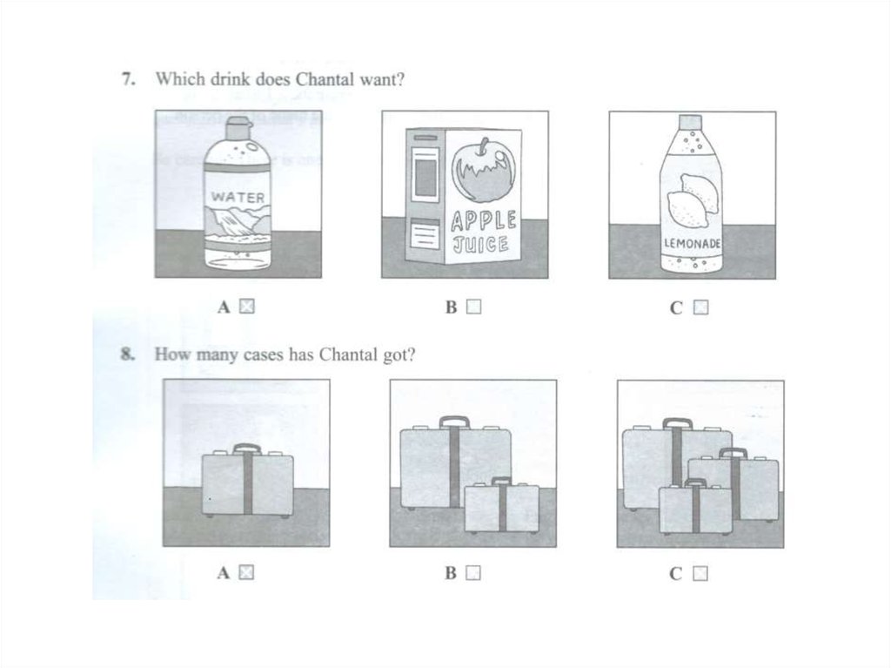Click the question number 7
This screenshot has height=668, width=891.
129,78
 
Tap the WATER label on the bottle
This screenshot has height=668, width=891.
238,198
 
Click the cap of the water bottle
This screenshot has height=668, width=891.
238,127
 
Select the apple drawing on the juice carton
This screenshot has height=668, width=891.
485,170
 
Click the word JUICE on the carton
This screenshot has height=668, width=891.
480,245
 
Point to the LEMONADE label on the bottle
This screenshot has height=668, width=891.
692,244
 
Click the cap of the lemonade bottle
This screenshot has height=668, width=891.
692,121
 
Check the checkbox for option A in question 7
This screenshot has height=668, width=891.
246,307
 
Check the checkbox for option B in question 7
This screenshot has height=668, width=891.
473,307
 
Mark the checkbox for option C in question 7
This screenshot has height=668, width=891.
700,307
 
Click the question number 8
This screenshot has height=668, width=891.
128,354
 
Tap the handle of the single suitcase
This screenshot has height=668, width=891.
247,449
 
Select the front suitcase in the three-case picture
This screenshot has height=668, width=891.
695,506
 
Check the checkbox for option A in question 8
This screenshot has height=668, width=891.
246,572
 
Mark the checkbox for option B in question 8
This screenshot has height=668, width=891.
473,572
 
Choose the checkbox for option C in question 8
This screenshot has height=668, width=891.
700,573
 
